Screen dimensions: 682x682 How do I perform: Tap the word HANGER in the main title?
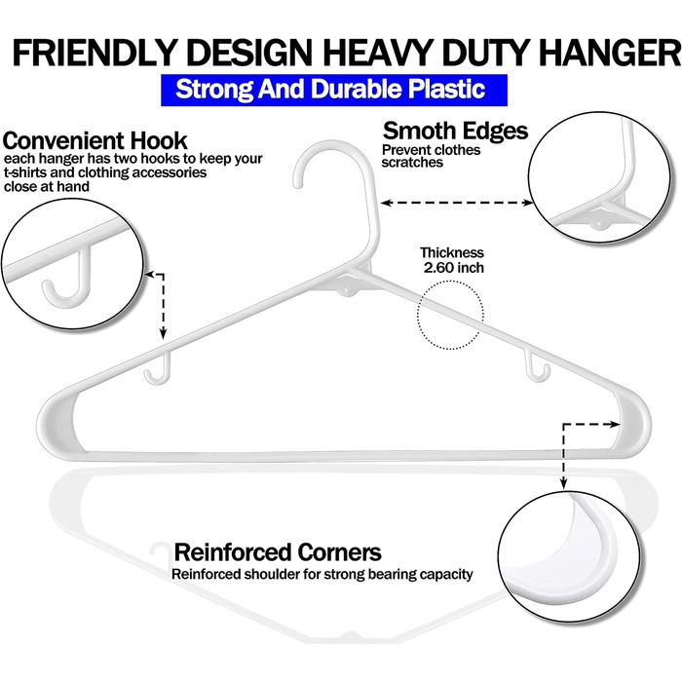click(x=612, y=53)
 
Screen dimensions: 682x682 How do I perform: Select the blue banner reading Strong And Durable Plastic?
click(x=334, y=90)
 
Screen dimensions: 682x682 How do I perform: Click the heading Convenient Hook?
click(x=95, y=141)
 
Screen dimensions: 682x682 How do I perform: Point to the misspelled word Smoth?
click(x=418, y=131)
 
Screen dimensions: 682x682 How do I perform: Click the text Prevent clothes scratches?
click(x=431, y=156)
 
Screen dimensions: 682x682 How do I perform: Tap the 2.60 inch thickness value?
click(x=454, y=268)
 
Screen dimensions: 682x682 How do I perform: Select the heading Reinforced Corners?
click(x=278, y=552)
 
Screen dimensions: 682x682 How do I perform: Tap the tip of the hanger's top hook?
click(x=298, y=185)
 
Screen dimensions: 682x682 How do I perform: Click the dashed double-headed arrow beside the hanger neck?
click(x=457, y=203)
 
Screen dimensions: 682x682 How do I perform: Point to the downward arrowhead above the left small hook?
click(x=163, y=333)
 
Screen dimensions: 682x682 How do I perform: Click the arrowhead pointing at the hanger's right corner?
click(x=615, y=424)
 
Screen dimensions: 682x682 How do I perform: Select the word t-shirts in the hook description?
click(x=25, y=172)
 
